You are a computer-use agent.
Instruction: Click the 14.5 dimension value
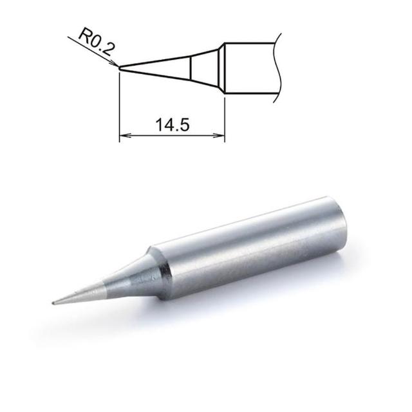(172, 124)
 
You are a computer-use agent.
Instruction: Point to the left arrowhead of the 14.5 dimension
(125, 136)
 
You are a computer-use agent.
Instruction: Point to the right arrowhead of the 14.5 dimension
(219, 136)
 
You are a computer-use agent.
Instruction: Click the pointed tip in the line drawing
(120, 68)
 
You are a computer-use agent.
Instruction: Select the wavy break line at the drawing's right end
(277, 68)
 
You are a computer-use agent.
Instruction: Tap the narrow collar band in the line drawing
(221, 68)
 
